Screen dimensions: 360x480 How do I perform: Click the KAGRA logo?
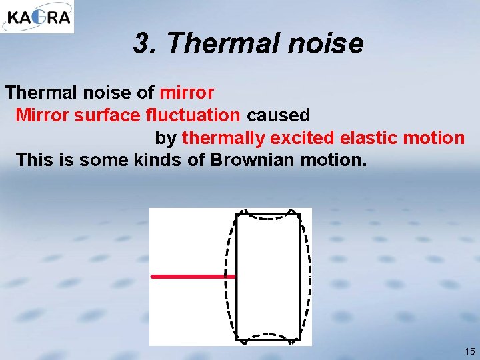37,17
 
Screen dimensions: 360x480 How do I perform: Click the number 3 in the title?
141,44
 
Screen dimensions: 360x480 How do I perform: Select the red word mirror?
187,92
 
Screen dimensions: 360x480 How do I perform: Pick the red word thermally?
223,138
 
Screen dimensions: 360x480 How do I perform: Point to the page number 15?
470,351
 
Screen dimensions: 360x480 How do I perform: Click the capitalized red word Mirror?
42,115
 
